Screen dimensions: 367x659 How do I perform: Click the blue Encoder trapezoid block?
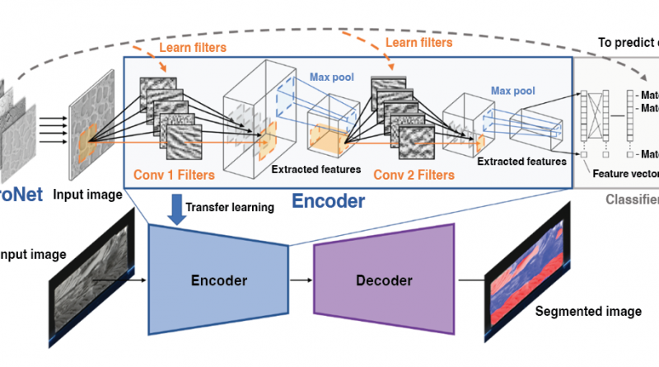pos(217,280)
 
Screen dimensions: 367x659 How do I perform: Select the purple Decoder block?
pos(384,280)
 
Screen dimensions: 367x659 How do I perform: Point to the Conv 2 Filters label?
pos(414,175)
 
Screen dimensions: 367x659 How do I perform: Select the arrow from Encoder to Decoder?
pos(301,280)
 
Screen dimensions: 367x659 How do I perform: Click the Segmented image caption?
pos(588,312)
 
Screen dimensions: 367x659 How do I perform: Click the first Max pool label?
pos(333,78)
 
